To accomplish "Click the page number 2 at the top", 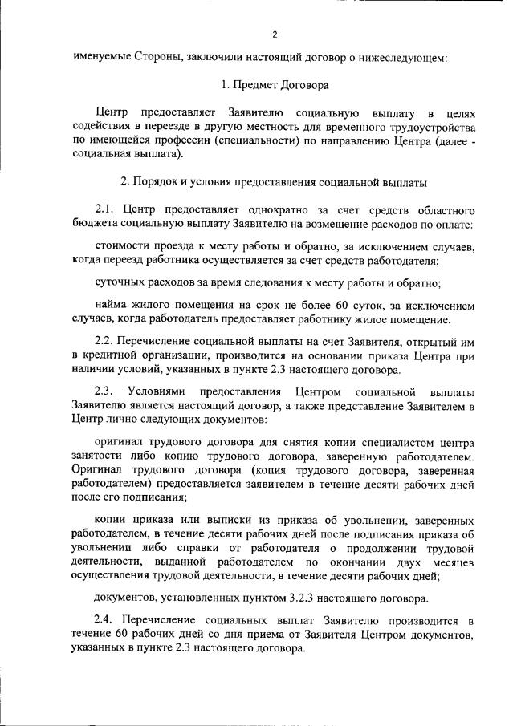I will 275,34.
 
